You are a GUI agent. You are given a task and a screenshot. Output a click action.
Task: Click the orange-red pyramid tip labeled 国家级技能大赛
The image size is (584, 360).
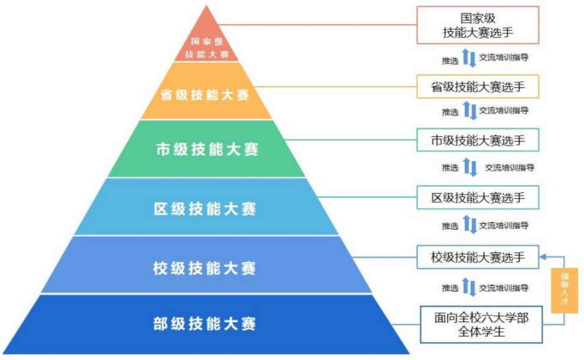(x=206, y=47)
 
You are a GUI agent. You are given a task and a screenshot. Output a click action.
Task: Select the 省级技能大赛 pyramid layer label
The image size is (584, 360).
(x=205, y=95)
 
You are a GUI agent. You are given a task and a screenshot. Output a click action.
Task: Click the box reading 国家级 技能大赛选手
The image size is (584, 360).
(x=478, y=25)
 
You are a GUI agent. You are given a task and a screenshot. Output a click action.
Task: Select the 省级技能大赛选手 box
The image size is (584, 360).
(x=478, y=86)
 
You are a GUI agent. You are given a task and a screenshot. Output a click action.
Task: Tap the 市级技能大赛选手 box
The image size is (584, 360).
(x=478, y=140)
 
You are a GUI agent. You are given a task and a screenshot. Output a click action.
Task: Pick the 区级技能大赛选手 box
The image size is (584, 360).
(x=478, y=197)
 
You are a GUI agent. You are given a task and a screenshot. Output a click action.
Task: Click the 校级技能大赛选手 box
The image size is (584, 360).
(x=478, y=257)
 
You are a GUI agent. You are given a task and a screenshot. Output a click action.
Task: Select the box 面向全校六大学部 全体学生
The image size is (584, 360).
(x=481, y=324)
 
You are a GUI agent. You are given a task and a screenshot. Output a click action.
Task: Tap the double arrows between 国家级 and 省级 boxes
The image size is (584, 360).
(x=469, y=58)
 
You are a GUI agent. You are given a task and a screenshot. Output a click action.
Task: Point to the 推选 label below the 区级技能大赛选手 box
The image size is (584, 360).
(x=450, y=226)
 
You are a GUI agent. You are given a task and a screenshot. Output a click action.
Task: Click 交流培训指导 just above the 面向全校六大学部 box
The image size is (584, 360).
(x=503, y=288)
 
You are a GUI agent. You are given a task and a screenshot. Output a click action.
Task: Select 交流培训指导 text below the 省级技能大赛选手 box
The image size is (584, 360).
(x=503, y=110)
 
